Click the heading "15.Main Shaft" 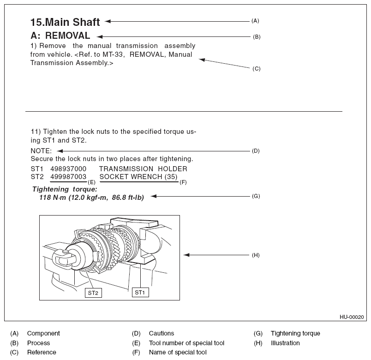(x=65, y=22)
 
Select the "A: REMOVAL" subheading (x=60, y=36)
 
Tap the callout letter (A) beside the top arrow (x=255, y=21)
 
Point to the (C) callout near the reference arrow (x=257, y=69)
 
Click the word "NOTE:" (x=41, y=151)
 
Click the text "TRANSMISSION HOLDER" (x=143, y=169)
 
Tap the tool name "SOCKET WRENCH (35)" (x=138, y=177)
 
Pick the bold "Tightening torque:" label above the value (x=65, y=189)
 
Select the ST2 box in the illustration (x=93, y=293)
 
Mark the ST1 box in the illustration (x=139, y=292)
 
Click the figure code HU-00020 (x=352, y=317)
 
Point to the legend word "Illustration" (x=285, y=343)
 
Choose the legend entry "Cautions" (x=162, y=333)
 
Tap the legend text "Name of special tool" (x=178, y=353)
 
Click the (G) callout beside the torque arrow (x=256, y=196)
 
